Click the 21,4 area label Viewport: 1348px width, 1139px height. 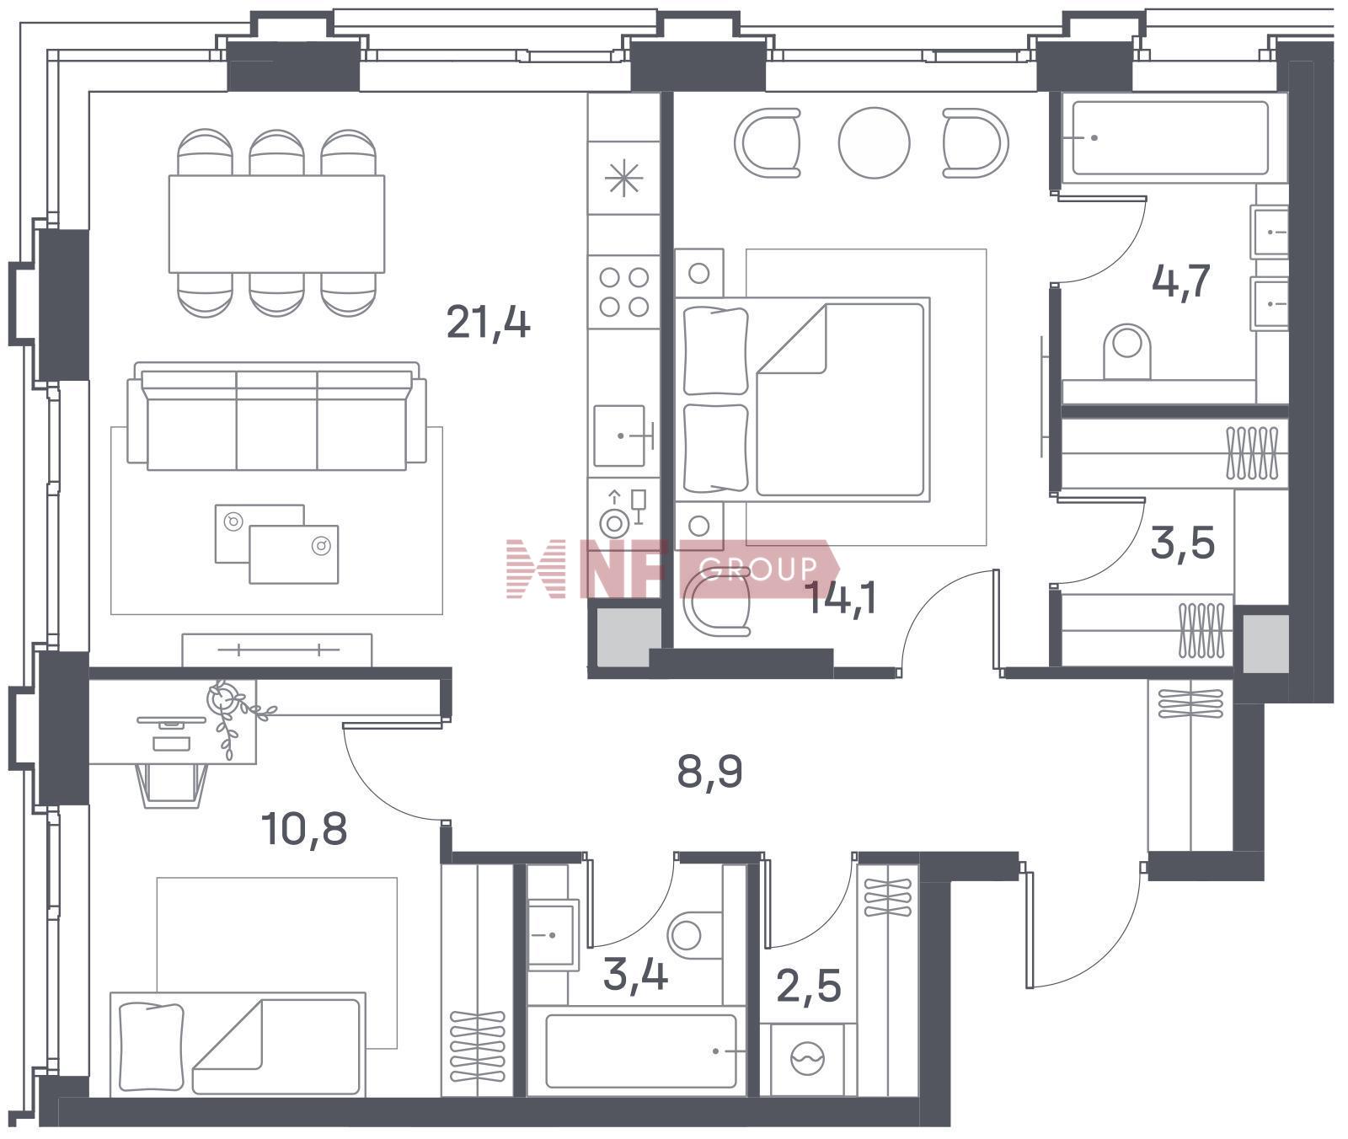tap(488, 322)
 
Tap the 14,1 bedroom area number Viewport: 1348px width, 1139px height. tap(842, 599)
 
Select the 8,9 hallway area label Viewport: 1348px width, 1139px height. tap(709, 772)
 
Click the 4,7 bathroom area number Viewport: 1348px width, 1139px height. tap(1181, 281)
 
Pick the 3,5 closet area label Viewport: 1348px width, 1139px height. tap(1183, 543)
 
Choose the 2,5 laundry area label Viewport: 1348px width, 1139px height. tap(809, 986)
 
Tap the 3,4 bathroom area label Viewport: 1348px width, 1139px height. tap(636, 976)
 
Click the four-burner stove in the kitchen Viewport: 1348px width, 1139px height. tap(623, 291)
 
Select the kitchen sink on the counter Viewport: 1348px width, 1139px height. tap(622, 436)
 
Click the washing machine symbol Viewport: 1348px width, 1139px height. tap(808, 1059)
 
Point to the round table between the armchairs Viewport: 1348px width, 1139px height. tap(875, 142)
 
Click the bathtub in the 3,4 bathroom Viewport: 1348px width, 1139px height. tap(640, 1051)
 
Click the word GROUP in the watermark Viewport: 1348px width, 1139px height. tap(758, 569)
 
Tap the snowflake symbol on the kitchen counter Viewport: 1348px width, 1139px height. tap(624, 179)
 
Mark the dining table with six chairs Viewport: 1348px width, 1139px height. tap(277, 223)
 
